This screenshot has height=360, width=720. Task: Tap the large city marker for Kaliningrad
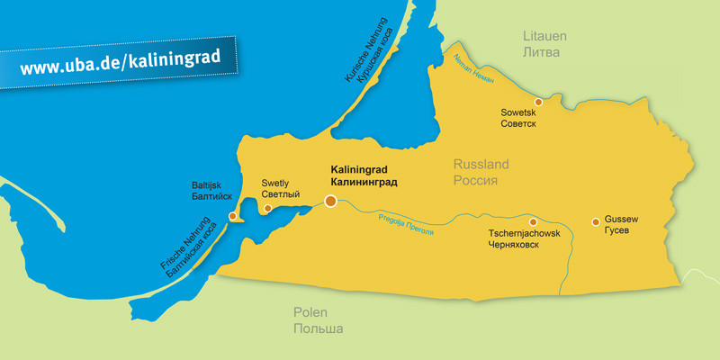pos(331,201)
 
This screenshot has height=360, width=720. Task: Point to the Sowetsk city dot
pos(538,102)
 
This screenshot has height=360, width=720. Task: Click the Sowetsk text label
pos(518,112)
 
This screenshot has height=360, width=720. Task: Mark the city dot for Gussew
pos(595,221)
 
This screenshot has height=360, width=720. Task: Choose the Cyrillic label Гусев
pos(622,231)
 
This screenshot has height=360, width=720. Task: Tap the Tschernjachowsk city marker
pos(533,221)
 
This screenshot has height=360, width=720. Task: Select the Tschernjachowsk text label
pos(524,233)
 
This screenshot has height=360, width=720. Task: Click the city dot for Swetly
pos(267,209)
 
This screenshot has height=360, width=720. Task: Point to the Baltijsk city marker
pos(233,216)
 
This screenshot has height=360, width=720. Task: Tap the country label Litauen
pos(542,36)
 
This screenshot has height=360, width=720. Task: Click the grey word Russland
pos(481,165)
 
